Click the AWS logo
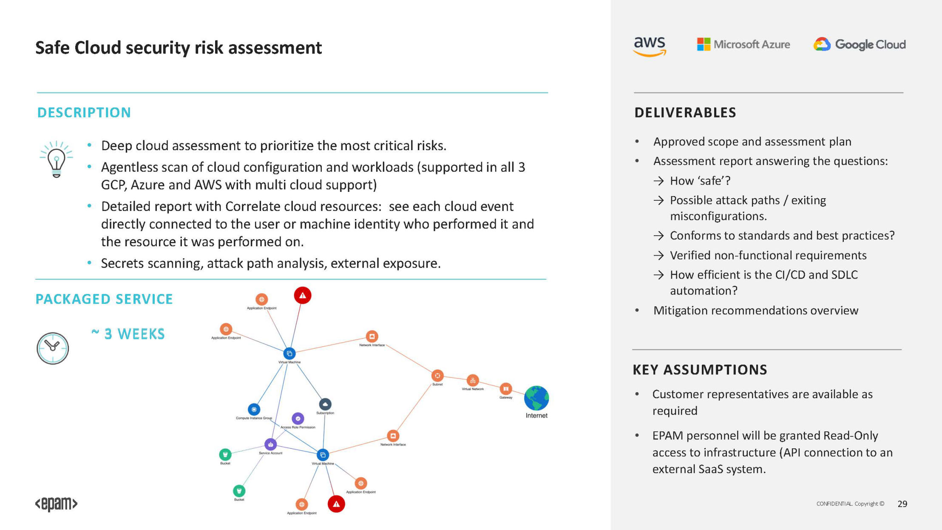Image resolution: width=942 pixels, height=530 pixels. [649, 46]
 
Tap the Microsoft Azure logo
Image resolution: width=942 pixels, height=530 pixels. [743, 44]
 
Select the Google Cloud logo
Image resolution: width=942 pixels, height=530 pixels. [860, 44]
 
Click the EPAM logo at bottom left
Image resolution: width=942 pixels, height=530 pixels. [56, 504]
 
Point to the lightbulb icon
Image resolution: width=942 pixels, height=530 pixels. [56, 159]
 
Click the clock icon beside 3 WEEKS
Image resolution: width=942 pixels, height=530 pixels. [53, 348]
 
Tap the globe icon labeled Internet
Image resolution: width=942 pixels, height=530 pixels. [536, 398]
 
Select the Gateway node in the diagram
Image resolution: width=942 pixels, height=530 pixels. [506, 388]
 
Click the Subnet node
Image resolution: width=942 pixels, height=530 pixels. [437, 376]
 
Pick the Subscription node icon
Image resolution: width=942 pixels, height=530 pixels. [325, 404]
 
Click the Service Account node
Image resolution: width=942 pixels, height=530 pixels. [270, 445]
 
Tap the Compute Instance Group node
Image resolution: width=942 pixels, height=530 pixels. [254, 409]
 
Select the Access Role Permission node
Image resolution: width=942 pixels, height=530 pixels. [298, 419]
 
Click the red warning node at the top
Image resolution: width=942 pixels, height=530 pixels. [303, 295]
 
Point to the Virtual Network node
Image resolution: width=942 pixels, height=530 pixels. [473, 380]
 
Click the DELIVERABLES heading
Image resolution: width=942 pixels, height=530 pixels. [685, 113]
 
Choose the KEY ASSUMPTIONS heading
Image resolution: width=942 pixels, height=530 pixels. [700, 370]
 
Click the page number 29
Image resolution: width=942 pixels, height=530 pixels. [902, 504]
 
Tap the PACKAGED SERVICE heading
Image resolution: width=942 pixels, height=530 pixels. [104, 299]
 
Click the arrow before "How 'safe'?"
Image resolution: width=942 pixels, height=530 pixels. [658, 181]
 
